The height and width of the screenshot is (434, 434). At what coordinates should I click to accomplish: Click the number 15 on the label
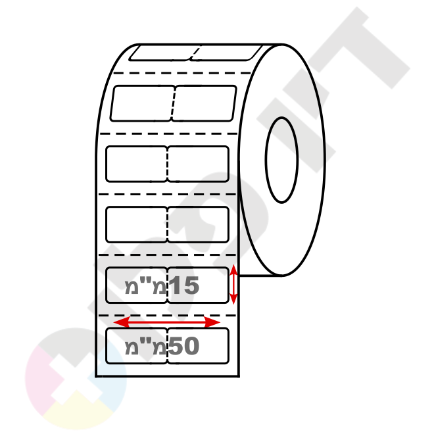(184, 285)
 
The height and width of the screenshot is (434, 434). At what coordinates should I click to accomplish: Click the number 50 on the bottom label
(183, 346)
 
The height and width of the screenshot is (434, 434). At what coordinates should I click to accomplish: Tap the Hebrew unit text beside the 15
(145, 285)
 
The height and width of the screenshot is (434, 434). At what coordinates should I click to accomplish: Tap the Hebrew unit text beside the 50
(145, 346)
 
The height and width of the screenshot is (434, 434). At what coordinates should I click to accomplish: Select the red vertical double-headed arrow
(233, 284)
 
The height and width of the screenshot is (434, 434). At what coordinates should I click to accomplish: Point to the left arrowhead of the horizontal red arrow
(121, 322)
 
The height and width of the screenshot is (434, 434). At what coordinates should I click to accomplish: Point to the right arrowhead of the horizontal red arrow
(212, 322)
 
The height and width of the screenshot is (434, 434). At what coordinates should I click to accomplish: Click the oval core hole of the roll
(281, 160)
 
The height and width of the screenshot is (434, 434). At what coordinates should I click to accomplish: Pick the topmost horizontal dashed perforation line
(182, 73)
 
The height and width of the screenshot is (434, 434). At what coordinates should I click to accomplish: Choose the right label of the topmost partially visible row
(226, 53)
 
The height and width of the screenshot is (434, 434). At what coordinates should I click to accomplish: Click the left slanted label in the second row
(142, 103)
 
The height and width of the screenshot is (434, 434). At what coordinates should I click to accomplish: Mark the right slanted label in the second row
(204, 103)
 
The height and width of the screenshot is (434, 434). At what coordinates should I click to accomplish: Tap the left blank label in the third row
(137, 164)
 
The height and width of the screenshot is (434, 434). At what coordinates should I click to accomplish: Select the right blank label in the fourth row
(198, 224)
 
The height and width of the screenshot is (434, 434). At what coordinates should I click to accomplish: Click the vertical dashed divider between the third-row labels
(168, 164)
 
